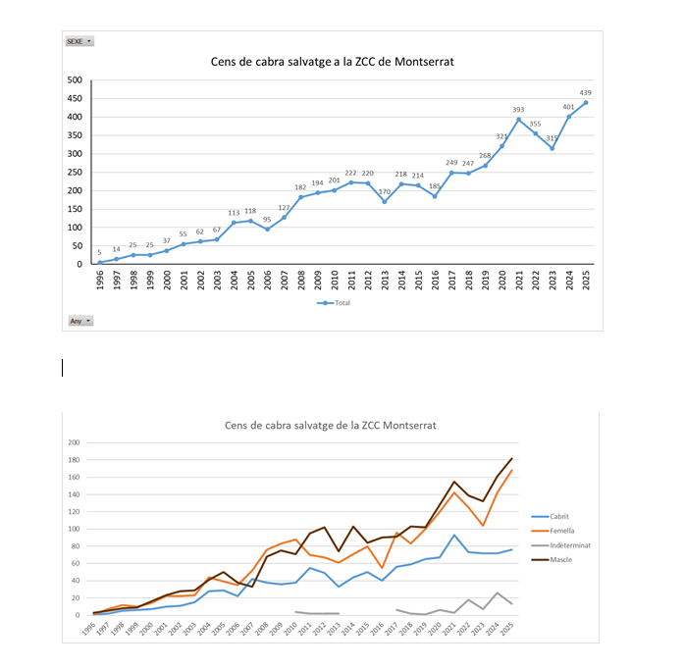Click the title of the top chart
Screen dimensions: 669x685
[x=333, y=61]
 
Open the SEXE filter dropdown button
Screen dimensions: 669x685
[x=79, y=41]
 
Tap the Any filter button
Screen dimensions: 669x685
[x=79, y=321]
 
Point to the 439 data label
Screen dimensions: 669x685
[x=586, y=91]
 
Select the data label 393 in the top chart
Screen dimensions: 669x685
[x=519, y=109]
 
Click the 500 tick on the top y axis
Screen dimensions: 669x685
[x=75, y=80]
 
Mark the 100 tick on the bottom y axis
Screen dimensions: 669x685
[x=73, y=529]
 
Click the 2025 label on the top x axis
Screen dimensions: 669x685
[x=586, y=280]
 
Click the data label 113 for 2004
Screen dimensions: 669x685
[x=234, y=212]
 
